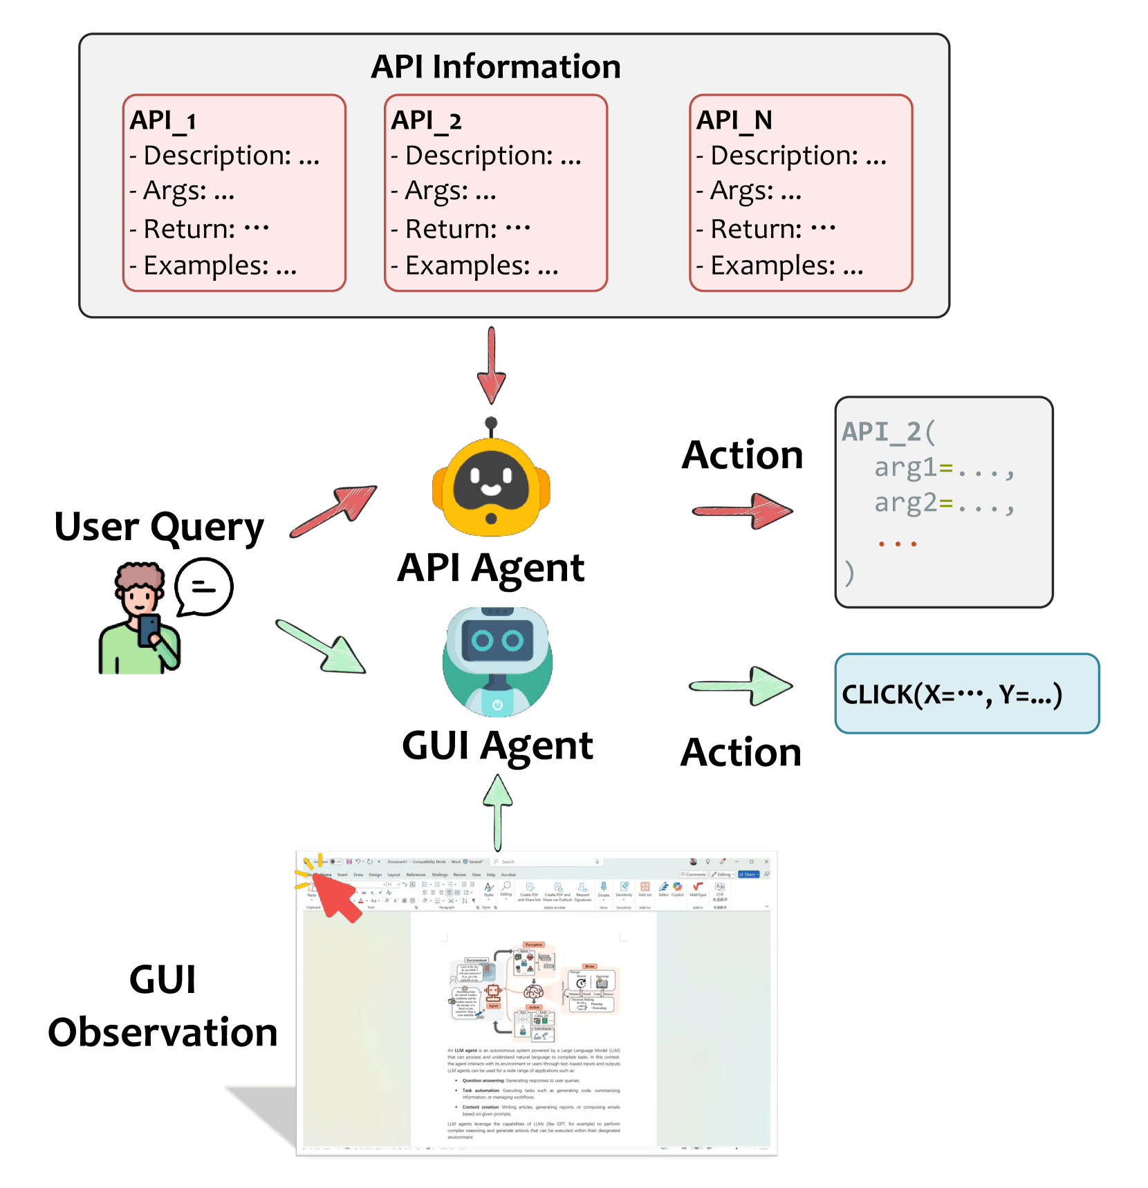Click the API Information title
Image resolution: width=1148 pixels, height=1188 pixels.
point(495,67)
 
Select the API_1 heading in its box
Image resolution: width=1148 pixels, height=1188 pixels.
point(163,120)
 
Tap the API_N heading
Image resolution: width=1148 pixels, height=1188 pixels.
point(734,120)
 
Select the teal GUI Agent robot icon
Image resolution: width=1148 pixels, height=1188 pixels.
point(497,662)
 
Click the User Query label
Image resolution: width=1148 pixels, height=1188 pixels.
point(159,528)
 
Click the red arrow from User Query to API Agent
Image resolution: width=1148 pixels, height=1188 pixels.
point(335,510)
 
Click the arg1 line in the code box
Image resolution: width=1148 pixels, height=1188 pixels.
point(944,468)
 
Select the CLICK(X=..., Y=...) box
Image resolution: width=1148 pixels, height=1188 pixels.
point(967,694)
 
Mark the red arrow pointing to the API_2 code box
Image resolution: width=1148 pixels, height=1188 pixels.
point(743,511)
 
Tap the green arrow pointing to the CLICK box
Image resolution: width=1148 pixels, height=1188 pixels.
point(741,685)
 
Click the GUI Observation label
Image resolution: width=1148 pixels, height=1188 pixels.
point(163,1006)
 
